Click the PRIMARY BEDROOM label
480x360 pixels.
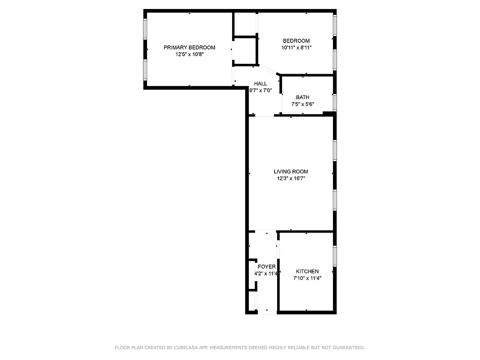coord(189,47)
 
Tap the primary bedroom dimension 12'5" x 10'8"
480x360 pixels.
coord(189,54)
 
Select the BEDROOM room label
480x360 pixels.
coord(296,40)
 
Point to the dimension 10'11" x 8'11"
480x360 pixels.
coord(296,47)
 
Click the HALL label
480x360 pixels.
coord(260,83)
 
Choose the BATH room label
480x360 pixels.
coord(302,97)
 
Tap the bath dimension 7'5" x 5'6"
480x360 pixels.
coord(302,104)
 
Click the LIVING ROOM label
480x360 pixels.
coord(291,171)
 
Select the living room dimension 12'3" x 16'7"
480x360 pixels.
coord(291,179)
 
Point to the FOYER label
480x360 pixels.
coord(267,267)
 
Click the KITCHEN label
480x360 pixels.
coord(307,271)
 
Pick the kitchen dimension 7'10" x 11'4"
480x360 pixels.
coord(307,278)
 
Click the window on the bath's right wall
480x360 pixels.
coord(335,102)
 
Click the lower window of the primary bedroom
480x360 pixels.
coord(145,70)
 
